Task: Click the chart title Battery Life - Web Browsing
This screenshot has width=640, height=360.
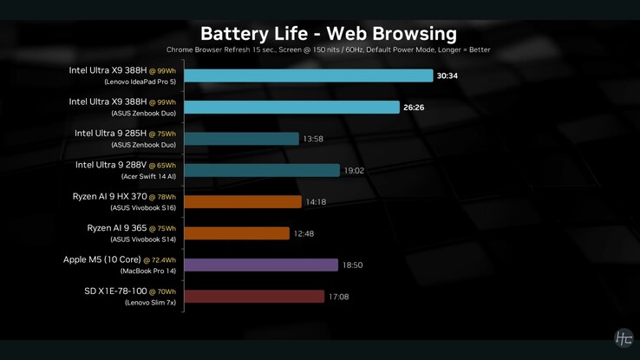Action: [328, 34]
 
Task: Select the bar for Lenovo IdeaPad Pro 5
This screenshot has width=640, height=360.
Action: [308, 76]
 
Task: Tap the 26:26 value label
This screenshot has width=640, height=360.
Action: [414, 108]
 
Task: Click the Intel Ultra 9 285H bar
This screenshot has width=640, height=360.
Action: [241, 139]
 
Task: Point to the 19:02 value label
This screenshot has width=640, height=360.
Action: [354, 171]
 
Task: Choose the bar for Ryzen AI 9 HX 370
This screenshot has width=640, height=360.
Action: [243, 202]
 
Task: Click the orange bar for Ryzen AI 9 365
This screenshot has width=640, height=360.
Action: [237, 233]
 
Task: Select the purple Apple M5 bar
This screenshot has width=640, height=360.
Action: [261, 265]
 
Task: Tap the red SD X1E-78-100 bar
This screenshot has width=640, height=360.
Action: [254, 297]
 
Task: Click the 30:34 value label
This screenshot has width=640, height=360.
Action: [447, 76]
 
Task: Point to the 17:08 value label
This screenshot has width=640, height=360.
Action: [338, 297]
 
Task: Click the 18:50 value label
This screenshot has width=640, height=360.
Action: [352, 265]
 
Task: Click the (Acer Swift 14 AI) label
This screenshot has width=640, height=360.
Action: [148, 177]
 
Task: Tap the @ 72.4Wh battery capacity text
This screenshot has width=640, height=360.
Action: [160, 260]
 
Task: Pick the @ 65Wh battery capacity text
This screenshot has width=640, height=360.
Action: [161, 166]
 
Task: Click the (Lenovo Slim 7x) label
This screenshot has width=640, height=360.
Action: [150, 303]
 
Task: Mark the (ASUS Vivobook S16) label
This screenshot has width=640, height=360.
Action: [143, 208]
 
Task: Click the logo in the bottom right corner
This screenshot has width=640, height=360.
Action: [623, 338]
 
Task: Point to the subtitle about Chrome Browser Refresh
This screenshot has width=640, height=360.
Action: [328, 50]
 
